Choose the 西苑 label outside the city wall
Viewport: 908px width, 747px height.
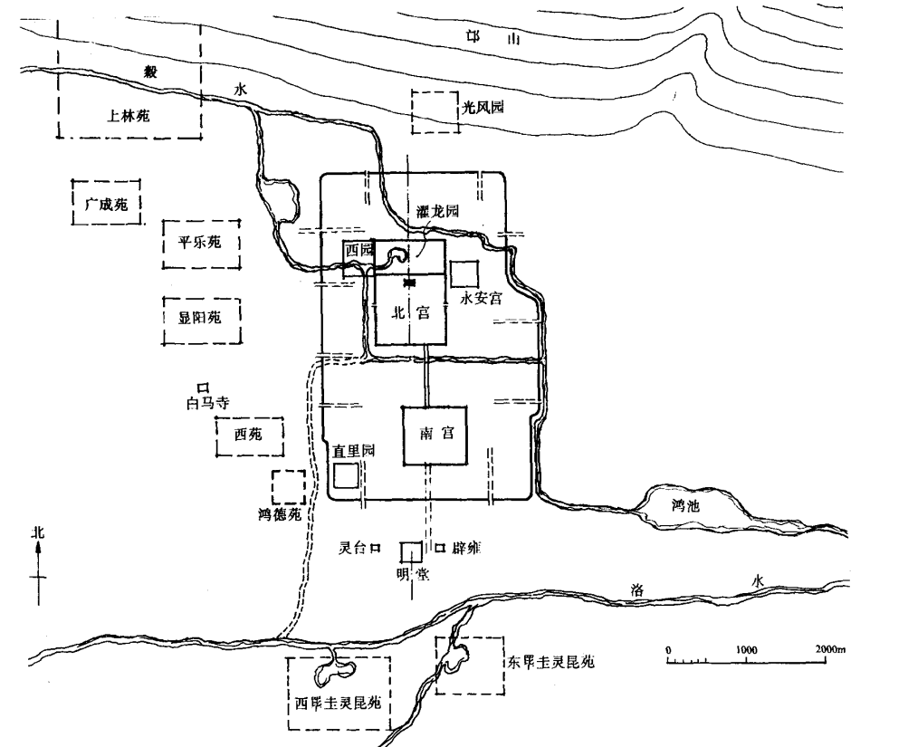pyautogui.click(x=247, y=436)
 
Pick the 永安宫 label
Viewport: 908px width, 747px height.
pyautogui.click(x=481, y=298)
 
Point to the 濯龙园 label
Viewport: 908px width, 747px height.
pyautogui.click(x=438, y=211)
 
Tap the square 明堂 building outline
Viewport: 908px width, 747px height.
pyautogui.click(x=411, y=551)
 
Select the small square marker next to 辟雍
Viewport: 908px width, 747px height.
pyautogui.click(x=440, y=548)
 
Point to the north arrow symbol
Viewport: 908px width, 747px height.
pyautogui.click(x=39, y=569)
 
